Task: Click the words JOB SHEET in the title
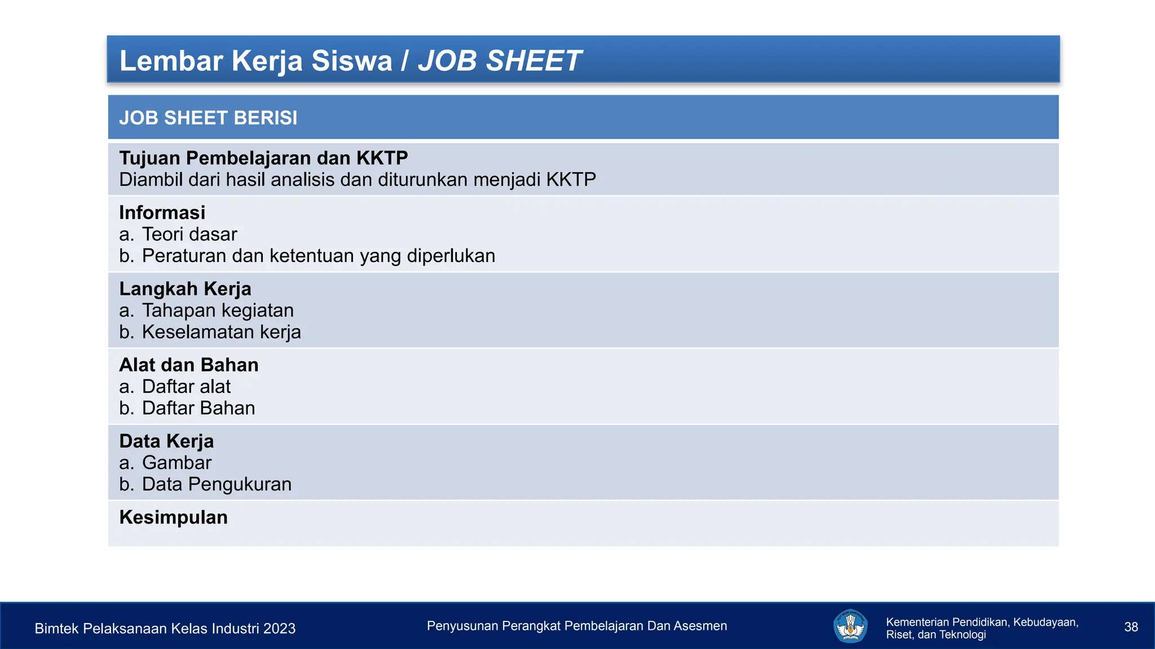499,61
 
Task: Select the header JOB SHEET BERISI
208,118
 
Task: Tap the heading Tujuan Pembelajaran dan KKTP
263,158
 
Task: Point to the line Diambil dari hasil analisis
358,180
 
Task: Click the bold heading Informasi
162,213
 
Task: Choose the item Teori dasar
189,234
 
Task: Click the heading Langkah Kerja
185,289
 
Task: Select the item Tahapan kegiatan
218,310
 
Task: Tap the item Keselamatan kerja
221,332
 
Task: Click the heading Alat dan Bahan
189,365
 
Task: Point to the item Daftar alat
186,386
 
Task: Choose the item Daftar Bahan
199,408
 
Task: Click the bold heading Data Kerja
166,441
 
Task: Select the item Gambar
177,463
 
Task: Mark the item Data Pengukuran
217,484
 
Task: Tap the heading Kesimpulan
174,517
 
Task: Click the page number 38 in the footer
1131,627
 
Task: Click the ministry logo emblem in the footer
850,626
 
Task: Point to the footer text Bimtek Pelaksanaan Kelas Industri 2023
165,629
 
